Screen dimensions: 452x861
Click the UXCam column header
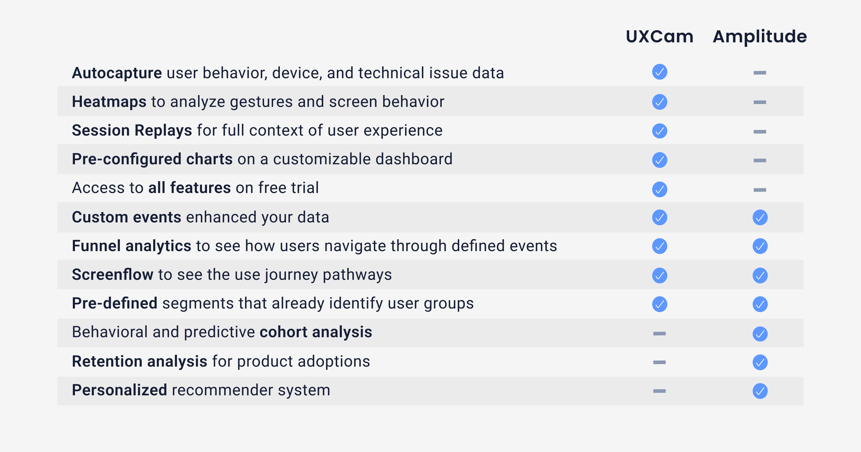(x=659, y=37)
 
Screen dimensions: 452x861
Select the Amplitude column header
(x=760, y=37)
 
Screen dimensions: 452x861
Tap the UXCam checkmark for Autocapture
(x=659, y=72)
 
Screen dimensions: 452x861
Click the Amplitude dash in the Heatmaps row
(x=760, y=102)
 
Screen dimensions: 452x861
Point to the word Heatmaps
(x=109, y=102)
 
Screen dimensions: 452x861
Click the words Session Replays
(x=132, y=131)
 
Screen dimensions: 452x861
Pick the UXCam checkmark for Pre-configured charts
(x=659, y=160)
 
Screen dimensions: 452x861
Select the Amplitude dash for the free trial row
(x=760, y=190)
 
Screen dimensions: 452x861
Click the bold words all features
(x=189, y=188)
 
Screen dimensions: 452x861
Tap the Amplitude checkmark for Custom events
(x=760, y=217)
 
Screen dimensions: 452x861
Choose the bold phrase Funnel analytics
(x=131, y=246)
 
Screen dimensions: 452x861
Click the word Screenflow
(x=112, y=275)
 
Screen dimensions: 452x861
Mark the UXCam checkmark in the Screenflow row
(x=659, y=276)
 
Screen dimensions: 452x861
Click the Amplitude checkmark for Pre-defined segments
(x=760, y=304)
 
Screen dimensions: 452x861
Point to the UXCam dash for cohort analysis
(x=659, y=334)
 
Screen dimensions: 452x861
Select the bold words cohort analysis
(x=316, y=332)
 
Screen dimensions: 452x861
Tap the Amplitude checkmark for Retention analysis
(x=760, y=362)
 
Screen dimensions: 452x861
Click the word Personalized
(x=119, y=390)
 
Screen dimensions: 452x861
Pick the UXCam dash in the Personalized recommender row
(x=659, y=391)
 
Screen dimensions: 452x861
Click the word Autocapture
(x=117, y=73)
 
